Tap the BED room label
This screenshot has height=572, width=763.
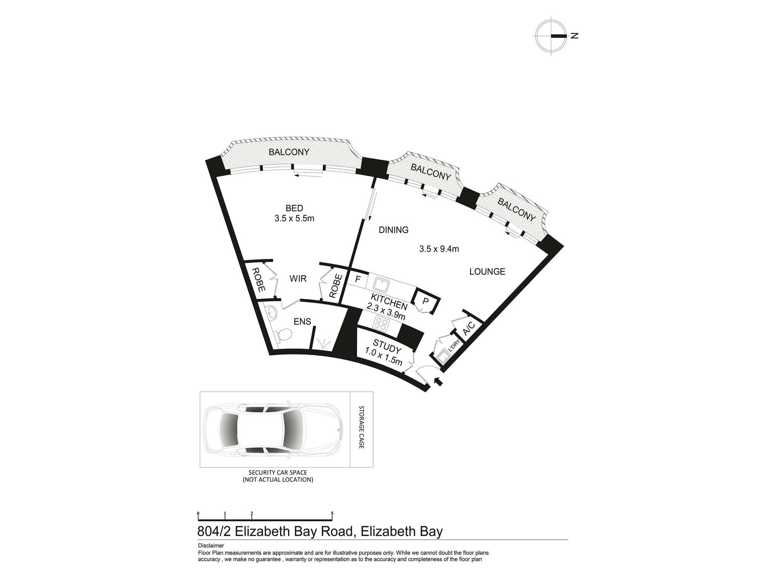pyautogui.click(x=294, y=208)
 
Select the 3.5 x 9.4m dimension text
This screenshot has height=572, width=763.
pyautogui.click(x=439, y=249)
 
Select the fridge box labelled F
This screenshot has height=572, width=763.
pyautogui.click(x=357, y=279)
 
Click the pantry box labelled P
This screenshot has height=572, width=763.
pyautogui.click(x=426, y=301)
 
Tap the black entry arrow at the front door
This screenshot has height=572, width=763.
pyautogui.click(x=439, y=381)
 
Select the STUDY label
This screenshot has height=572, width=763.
pyautogui.click(x=387, y=347)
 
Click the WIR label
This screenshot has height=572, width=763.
pyautogui.click(x=298, y=279)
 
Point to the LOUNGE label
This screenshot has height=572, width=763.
pyautogui.click(x=487, y=272)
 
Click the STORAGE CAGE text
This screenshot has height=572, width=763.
pyautogui.click(x=362, y=427)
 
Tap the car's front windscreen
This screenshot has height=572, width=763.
pyautogui.click(x=294, y=429)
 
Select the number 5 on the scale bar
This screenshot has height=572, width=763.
pyautogui.click(x=332, y=514)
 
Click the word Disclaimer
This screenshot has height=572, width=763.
pyautogui.click(x=211, y=546)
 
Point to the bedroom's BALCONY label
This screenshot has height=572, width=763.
pyautogui.click(x=289, y=152)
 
